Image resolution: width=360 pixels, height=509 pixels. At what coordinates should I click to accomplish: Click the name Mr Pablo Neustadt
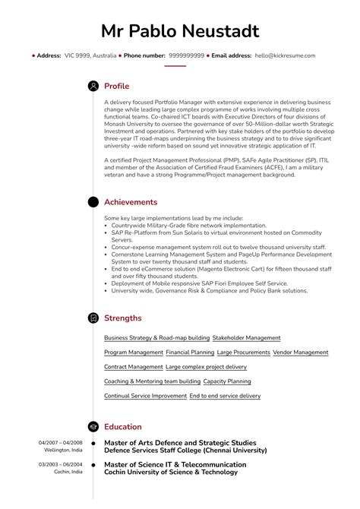click(180, 31)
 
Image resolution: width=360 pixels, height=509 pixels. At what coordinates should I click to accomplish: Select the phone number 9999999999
click(186, 55)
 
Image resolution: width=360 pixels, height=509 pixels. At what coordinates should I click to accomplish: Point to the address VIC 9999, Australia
click(90, 55)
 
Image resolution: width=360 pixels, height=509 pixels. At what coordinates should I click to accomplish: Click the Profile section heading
click(116, 86)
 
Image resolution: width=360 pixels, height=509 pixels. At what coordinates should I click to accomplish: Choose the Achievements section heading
click(131, 202)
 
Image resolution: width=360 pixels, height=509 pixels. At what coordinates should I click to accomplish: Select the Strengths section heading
click(122, 318)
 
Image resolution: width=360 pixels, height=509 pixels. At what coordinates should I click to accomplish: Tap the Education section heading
click(123, 427)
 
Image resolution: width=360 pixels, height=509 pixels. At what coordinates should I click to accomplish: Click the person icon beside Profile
click(93, 86)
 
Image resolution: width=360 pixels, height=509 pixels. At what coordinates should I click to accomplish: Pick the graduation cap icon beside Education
click(93, 427)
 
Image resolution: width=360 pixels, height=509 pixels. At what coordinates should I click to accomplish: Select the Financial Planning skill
click(190, 353)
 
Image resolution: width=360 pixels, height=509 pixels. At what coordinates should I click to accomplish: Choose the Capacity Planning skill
click(227, 381)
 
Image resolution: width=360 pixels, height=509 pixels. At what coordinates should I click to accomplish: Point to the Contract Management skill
click(132, 367)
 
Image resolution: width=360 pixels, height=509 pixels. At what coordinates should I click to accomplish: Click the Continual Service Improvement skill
click(145, 396)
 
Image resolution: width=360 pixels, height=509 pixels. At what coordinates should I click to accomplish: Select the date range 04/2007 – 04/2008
click(61, 442)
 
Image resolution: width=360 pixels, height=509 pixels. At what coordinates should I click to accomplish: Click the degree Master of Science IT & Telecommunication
click(175, 463)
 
